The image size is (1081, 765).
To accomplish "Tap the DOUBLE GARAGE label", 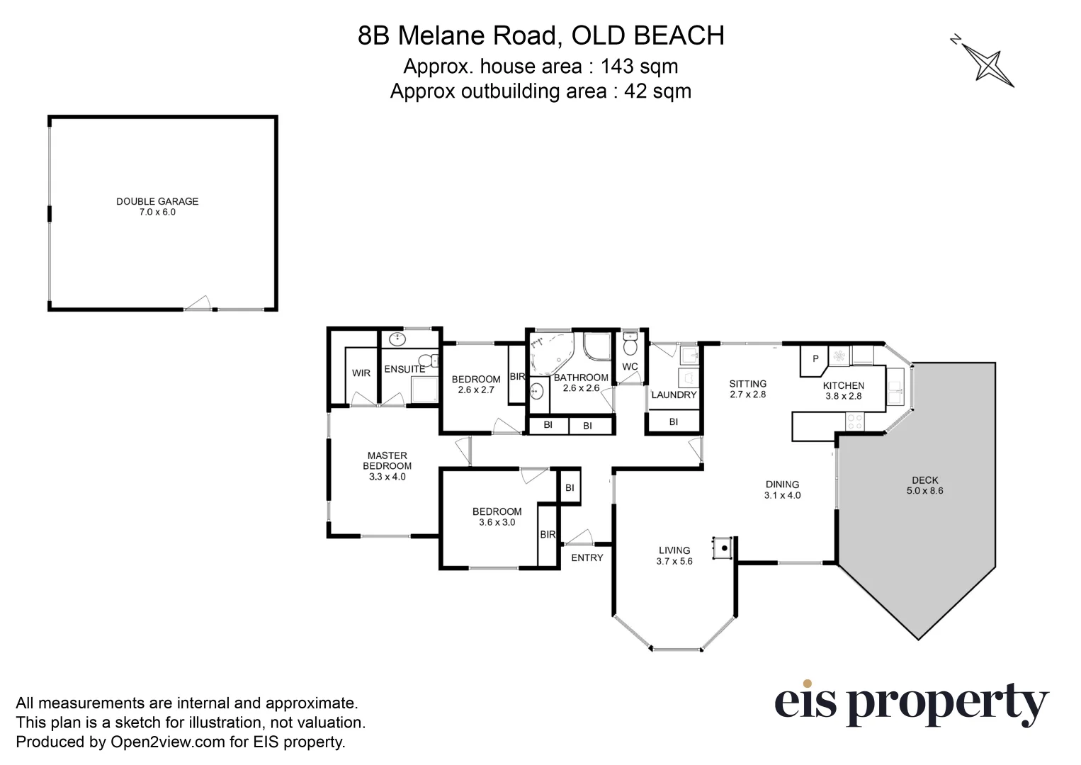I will click(x=157, y=202).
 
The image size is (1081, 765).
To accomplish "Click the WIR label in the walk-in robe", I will click(x=361, y=373).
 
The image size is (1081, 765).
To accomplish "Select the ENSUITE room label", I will click(x=404, y=369).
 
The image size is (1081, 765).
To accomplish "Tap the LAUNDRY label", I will click(x=674, y=395).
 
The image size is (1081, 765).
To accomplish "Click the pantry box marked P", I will click(x=815, y=359).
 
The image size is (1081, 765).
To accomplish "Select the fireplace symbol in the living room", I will click(x=723, y=547).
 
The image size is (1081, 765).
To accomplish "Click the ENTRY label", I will click(x=587, y=557).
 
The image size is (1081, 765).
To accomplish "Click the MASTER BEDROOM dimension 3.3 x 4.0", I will click(x=387, y=477).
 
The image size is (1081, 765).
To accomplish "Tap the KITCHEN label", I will click(x=843, y=385).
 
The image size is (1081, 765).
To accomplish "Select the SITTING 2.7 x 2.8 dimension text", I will click(x=748, y=395).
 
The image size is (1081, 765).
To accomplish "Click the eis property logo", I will click(x=911, y=703).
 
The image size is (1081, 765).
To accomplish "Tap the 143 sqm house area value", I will click(x=639, y=67).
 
